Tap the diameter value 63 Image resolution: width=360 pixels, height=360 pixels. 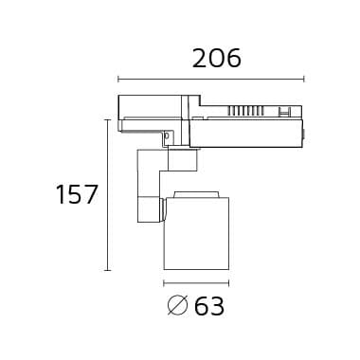coord(209,305)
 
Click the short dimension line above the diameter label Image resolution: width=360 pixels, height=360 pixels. coord(196,282)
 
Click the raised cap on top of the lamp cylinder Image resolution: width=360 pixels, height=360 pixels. coord(195,194)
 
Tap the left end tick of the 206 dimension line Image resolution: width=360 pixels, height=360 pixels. coord(117,80)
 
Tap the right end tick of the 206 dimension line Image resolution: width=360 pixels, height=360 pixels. coord(303,80)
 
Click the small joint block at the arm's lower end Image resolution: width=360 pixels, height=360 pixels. coord(148,206)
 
